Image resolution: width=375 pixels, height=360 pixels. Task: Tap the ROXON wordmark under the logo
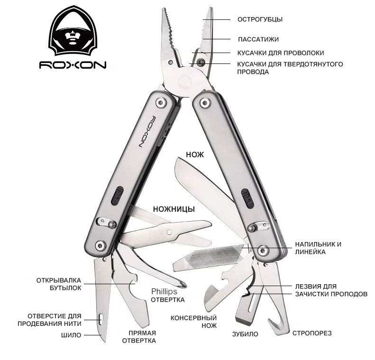tap(73, 65)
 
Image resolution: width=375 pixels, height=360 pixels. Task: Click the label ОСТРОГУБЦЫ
tap(260, 19)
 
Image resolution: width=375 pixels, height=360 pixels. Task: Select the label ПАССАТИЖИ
tap(258, 39)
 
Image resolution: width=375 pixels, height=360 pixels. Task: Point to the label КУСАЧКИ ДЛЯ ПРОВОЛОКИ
tap(281, 53)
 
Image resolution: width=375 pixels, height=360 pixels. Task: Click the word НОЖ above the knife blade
tap(195, 155)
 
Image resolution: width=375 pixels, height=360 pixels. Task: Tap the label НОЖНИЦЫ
tap(174, 209)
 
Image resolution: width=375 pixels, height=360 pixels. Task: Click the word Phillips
tap(164, 291)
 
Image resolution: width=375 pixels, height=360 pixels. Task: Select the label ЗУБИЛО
tap(245, 334)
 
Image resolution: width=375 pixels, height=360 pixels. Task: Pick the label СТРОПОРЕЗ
tap(312, 333)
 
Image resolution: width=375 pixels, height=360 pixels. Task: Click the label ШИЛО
tap(71, 335)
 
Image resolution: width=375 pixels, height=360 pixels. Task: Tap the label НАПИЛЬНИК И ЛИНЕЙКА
tap(318, 248)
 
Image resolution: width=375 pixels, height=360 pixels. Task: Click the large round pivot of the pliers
tap(185, 82)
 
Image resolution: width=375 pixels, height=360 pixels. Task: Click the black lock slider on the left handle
tap(117, 196)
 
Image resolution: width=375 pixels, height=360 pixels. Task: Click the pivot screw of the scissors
tap(170, 232)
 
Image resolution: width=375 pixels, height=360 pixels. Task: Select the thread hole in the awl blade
tap(101, 319)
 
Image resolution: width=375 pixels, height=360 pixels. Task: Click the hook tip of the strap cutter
tap(270, 320)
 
